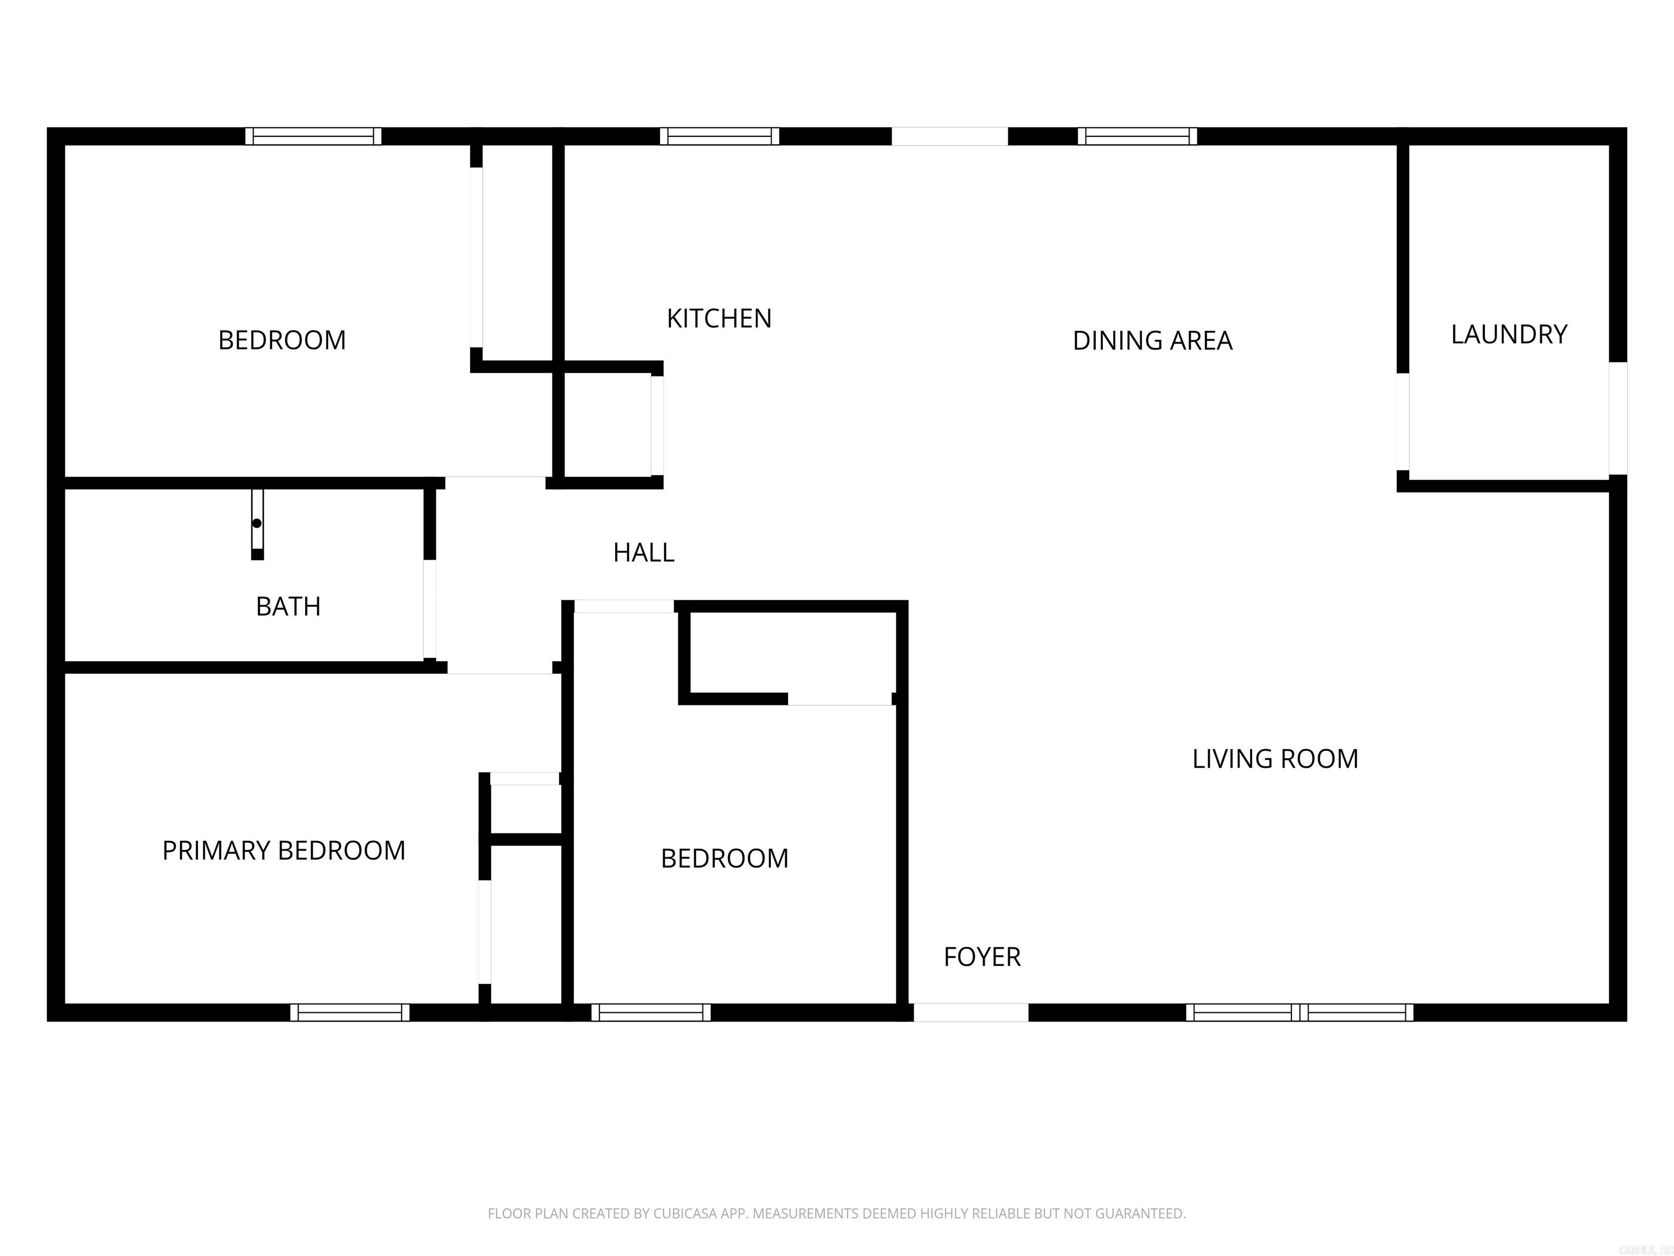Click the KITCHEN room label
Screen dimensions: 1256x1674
pyautogui.click(x=719, y=319)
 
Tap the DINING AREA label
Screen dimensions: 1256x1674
pyautogui.click(x=1152, y=341)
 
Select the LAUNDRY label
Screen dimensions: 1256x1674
pyautogui.click(x=1508, y=335)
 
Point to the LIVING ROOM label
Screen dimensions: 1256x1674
pyautogui.click(x=1275, y=759)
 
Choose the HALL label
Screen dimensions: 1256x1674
pyautogui.click(x=643, y=553)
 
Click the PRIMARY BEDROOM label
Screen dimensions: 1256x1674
pyautogui.click(x=284, y=850)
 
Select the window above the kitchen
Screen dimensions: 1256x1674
pyautogui.click(x=719, y=136)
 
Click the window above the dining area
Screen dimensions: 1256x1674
pyautogui.click(x=1137, y=136)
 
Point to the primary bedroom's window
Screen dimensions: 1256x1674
pyautogui.click(x=350, y=1012)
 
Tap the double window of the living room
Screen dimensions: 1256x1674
pyautogui.click(x=1299, y=1012)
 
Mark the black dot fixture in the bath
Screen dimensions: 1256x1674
pyautogui.click(x=257, y=523)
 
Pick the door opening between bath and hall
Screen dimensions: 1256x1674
pyautogui.click(x=429, y=609)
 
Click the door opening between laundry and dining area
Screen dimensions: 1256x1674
pyautogui.click(x=1402, y=422)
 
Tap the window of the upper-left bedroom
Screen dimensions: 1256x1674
pyautogui.click(x=313, y=136)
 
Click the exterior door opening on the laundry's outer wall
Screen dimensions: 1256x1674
pyautogui.click(x=1617, y=418)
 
